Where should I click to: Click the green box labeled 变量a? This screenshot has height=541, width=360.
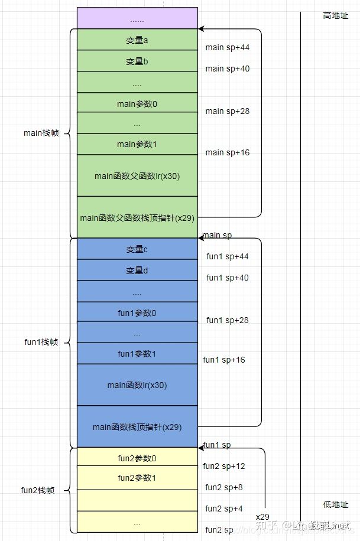click(x=137, y=40)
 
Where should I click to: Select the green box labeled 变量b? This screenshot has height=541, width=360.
click(x=137, y=61)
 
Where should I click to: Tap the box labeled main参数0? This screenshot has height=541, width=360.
click(x=137, y=104)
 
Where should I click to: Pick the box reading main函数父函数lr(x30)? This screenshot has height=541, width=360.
click(x=137, y=176)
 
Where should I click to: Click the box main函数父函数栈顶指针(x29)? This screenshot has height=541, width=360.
click(x=137, y=217)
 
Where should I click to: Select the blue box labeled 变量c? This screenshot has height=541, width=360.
click(x=137, y=249)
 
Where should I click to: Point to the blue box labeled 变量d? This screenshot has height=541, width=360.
click(x=137, y=270)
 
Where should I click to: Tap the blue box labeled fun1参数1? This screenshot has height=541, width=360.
click(x=137, y=354)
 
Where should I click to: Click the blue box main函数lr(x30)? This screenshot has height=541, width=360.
click(x=137, y=385)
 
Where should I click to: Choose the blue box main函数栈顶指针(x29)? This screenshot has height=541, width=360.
click(x=137, y=426)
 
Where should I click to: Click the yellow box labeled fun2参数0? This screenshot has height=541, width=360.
click(x=137, y=458)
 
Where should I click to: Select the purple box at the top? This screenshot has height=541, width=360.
click(x=137, y=19)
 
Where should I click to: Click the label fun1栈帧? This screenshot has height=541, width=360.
click(x=41, y=343)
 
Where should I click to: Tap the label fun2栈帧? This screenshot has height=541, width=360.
click(x=38, y=490)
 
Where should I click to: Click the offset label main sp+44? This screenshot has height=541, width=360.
click(x=228, y=47)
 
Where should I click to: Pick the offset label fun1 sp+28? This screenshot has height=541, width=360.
click(x=228, y=320)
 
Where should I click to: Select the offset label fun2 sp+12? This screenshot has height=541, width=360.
click(x=224, y=466)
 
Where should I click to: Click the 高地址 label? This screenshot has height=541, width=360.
click(x=336, y=16)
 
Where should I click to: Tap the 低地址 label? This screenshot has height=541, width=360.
click(x=336, y=505)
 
